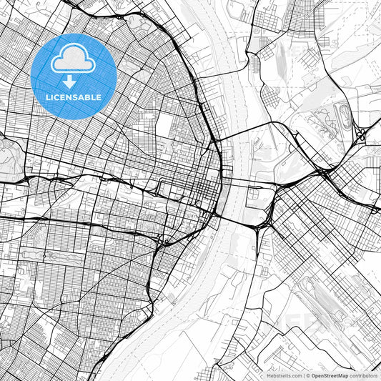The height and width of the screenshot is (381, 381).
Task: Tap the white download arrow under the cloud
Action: click(74, 81)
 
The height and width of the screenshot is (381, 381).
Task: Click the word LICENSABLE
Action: click(74, 96)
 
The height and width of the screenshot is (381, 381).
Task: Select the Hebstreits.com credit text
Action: click(284, 375)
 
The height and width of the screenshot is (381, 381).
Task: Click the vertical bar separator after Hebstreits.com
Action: click(302, 375)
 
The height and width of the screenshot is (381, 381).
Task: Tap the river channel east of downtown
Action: click(236, 172)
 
